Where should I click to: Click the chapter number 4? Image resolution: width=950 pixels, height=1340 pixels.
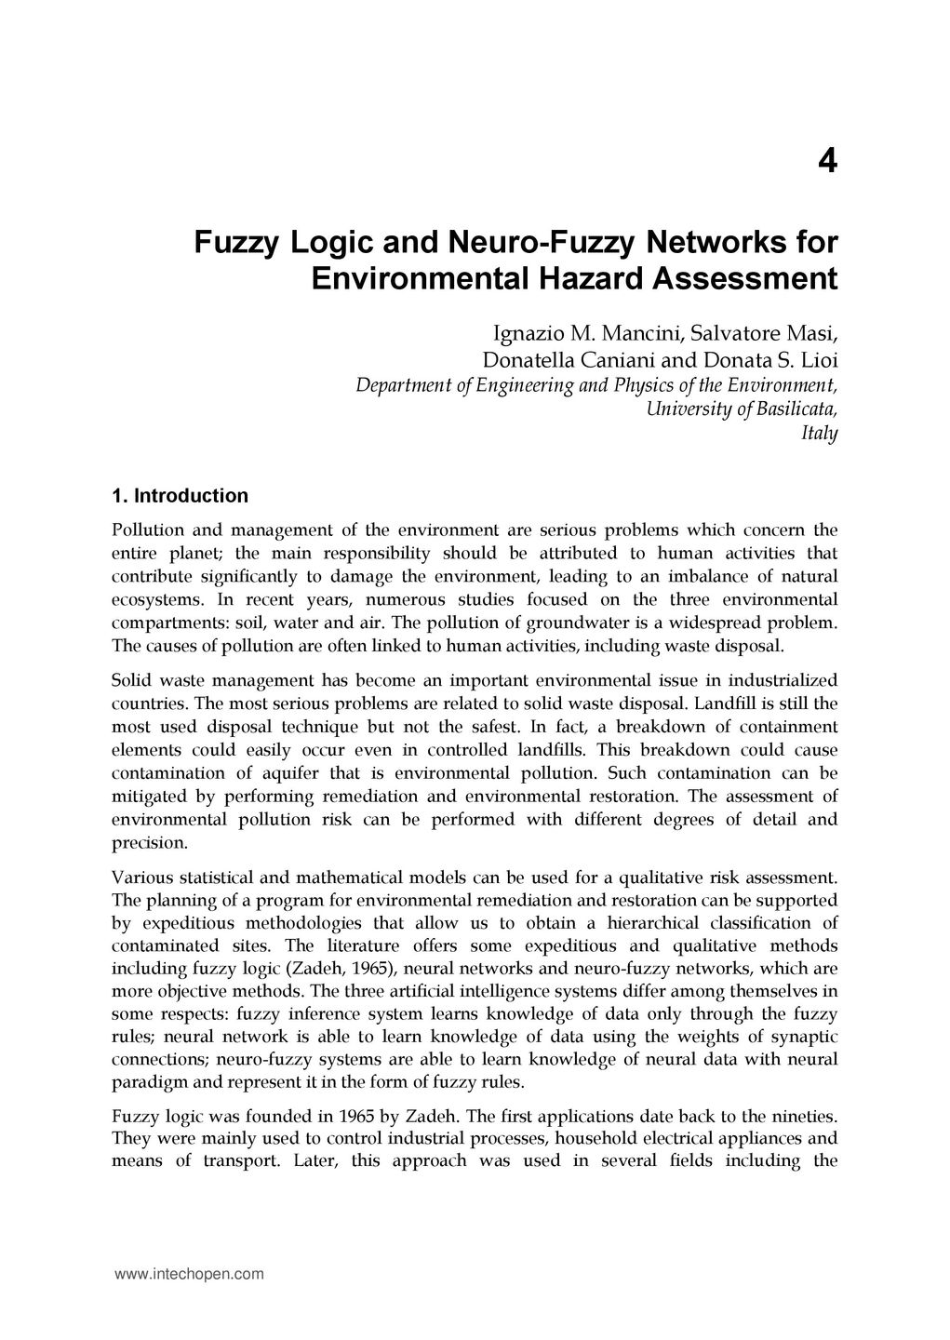827,162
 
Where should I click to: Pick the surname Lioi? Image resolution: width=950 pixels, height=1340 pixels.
820,360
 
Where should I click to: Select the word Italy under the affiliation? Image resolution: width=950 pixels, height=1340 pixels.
819,433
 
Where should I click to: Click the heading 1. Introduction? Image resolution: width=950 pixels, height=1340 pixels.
180,495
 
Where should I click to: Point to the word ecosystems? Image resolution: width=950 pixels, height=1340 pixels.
154,600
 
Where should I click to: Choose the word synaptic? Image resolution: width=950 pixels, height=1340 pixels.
802,1037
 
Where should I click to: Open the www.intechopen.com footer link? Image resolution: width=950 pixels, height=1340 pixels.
189,1274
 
